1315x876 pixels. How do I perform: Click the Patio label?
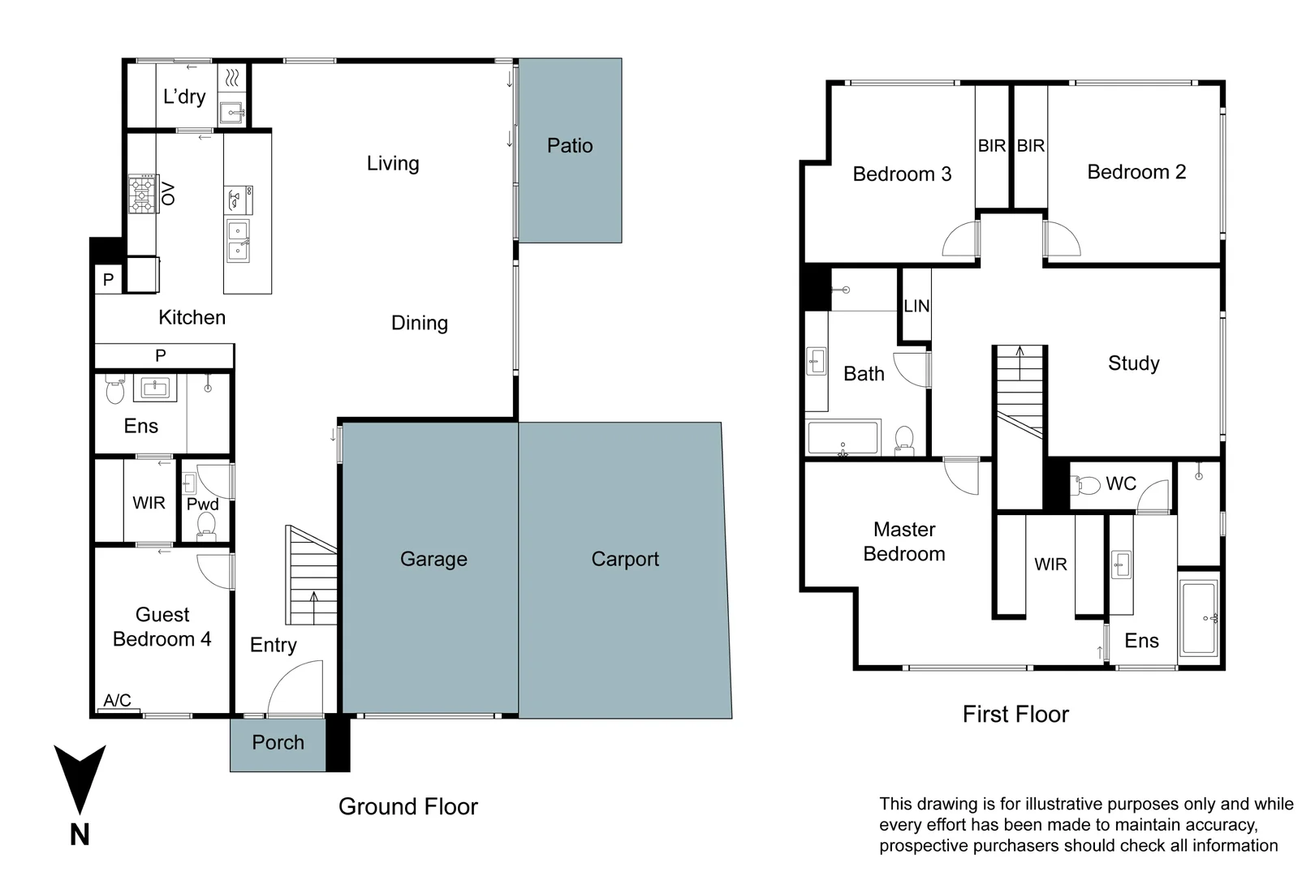pos(569,146)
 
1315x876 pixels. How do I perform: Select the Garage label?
pos(433,559)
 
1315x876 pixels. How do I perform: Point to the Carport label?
pos(625,559)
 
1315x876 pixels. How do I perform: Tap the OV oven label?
pos(168,194)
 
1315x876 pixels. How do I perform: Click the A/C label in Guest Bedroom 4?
pos(117,700)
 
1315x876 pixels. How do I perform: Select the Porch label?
pos(278,742)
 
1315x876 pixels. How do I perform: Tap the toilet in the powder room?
pos(206,526)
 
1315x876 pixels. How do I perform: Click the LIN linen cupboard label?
pos(916,306)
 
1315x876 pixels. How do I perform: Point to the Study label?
pos(1133,363)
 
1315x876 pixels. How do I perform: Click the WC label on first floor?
pos(1120,483)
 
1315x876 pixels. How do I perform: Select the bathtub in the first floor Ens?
pos(1199,618)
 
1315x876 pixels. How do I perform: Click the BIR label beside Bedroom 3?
pos(991,146)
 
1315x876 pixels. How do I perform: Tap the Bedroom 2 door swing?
pos(1062,239)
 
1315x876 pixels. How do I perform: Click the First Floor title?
pos(1015,714)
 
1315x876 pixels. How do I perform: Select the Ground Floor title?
pos(407,806)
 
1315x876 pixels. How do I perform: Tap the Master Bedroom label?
pos(903,542)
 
